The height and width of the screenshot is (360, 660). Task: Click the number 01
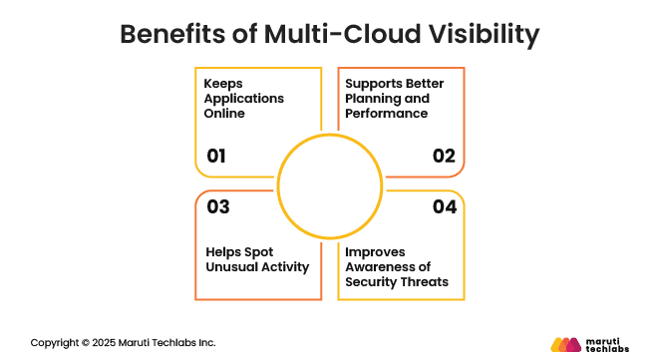217,156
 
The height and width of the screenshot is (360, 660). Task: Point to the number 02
443,156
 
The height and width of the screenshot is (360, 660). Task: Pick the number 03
217,207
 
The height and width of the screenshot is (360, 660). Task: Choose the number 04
444,207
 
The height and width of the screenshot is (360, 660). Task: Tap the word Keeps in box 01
224,84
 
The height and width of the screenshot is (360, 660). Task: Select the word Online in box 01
226,114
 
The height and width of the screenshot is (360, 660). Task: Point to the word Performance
386,114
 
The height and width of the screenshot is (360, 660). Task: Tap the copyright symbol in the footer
85,342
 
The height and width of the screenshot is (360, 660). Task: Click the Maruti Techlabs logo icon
565,344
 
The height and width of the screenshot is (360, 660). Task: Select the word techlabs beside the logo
608,349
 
